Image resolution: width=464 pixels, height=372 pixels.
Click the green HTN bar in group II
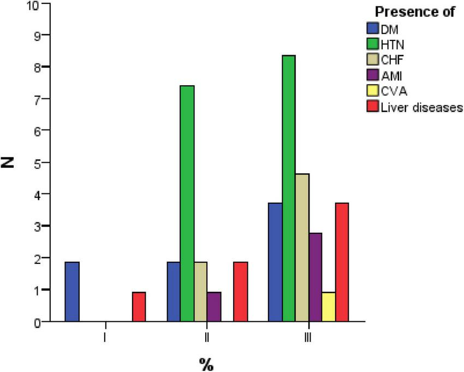pos(187,203)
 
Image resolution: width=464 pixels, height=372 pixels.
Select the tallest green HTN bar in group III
pos(289,188)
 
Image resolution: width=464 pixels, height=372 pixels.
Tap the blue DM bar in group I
pos(72,292)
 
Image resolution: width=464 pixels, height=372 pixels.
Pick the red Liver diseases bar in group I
pos(139,306)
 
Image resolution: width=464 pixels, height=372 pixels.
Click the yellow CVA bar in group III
pos(329,306)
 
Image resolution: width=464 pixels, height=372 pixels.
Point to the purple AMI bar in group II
pos(214,306)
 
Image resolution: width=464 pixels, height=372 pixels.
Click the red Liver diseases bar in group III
pos(342,262)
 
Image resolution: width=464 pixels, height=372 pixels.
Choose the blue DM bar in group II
pos(174,292)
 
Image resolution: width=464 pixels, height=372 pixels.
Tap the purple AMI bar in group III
pos(316,277)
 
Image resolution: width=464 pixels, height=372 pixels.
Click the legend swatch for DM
pos(373,27)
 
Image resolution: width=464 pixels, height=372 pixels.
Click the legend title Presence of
pos(414,13)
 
